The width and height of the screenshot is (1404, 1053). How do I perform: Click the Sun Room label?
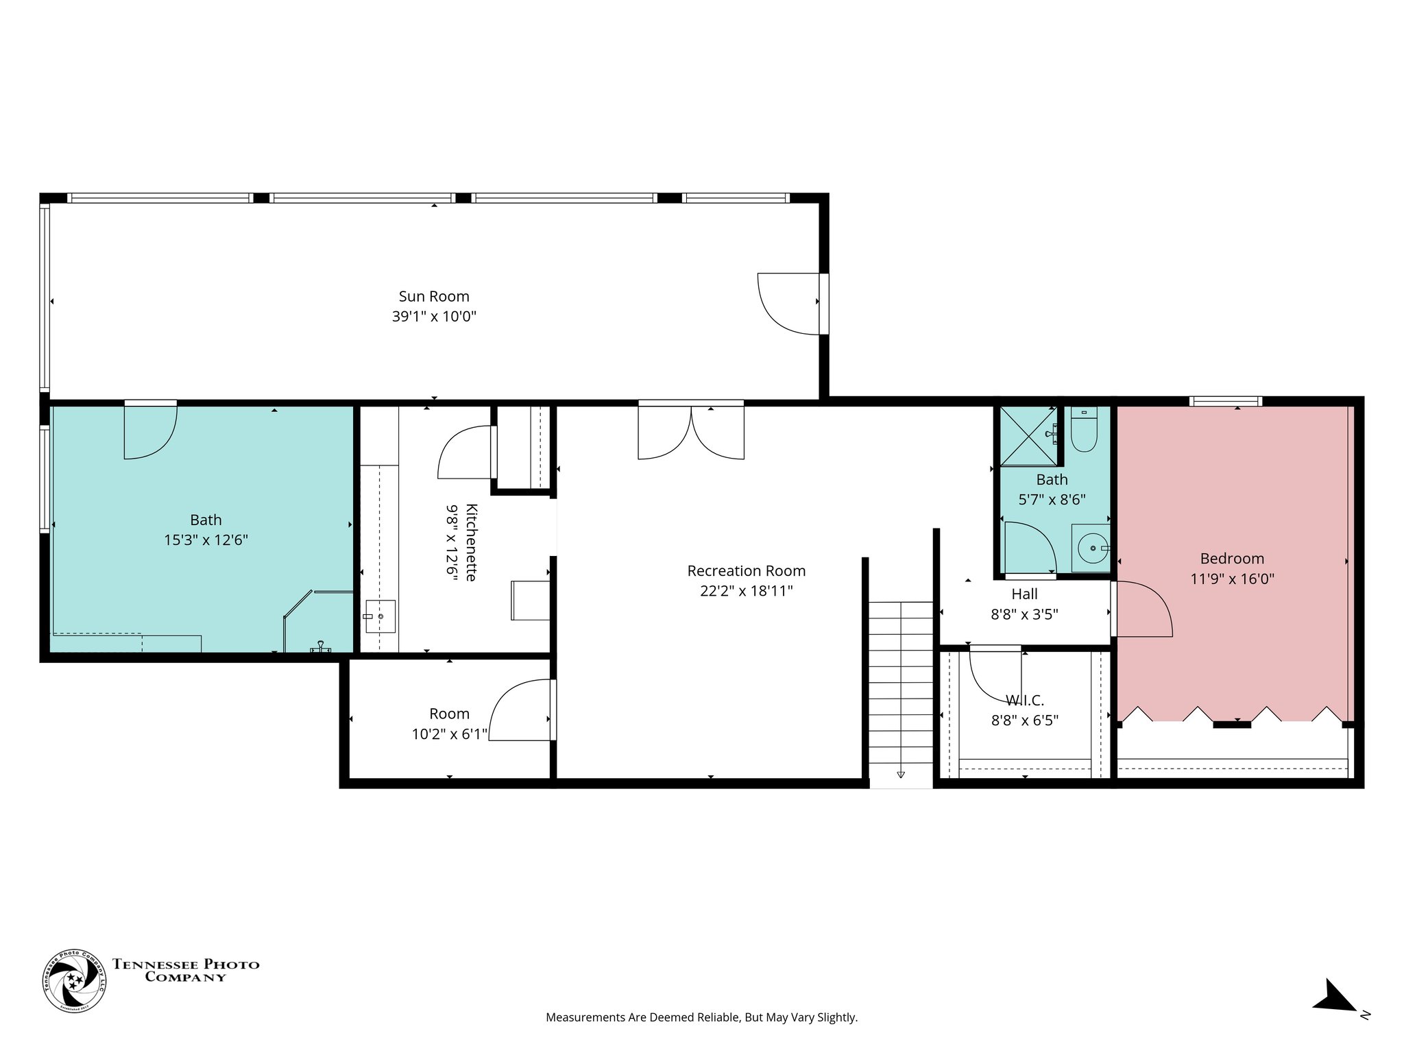[434, 296]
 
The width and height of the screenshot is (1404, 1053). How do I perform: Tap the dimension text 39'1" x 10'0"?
[434, 317]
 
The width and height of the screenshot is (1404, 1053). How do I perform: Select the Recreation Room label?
[746, 570]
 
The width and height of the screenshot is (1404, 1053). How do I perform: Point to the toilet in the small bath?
[1084, 431]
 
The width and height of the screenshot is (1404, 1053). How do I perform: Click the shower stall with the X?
[1028, 436]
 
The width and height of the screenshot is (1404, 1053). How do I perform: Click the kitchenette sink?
[380, 616]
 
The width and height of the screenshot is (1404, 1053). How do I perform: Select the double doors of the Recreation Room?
[691, 432]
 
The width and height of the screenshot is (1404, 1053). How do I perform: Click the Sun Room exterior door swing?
[788, 304]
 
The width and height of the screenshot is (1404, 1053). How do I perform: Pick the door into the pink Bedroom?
[1141, 609]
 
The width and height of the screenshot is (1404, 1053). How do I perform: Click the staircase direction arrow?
[900, 774]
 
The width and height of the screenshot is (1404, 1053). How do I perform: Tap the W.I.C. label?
[1024, 701]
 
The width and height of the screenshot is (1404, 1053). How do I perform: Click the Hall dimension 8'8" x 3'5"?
[1024, 614]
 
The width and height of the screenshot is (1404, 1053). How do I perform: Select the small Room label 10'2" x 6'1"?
[449, 734]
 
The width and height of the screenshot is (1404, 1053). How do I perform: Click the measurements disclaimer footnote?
[701, 1017]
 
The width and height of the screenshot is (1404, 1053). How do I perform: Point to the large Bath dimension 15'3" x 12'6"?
[206, 540]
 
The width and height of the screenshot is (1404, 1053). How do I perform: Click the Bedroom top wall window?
[1225, 402]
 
